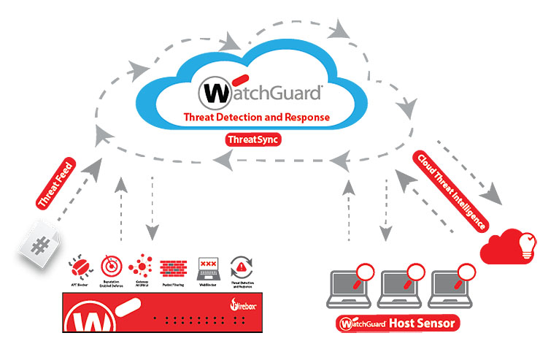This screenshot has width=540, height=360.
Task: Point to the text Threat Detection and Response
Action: click(x=256, y=117)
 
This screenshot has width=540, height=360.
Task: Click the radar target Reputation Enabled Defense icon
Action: click(x=108, y=263)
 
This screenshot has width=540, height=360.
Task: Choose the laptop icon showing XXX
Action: click(x=207, y=263)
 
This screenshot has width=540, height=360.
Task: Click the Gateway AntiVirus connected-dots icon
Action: click(x=140, y=263)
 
